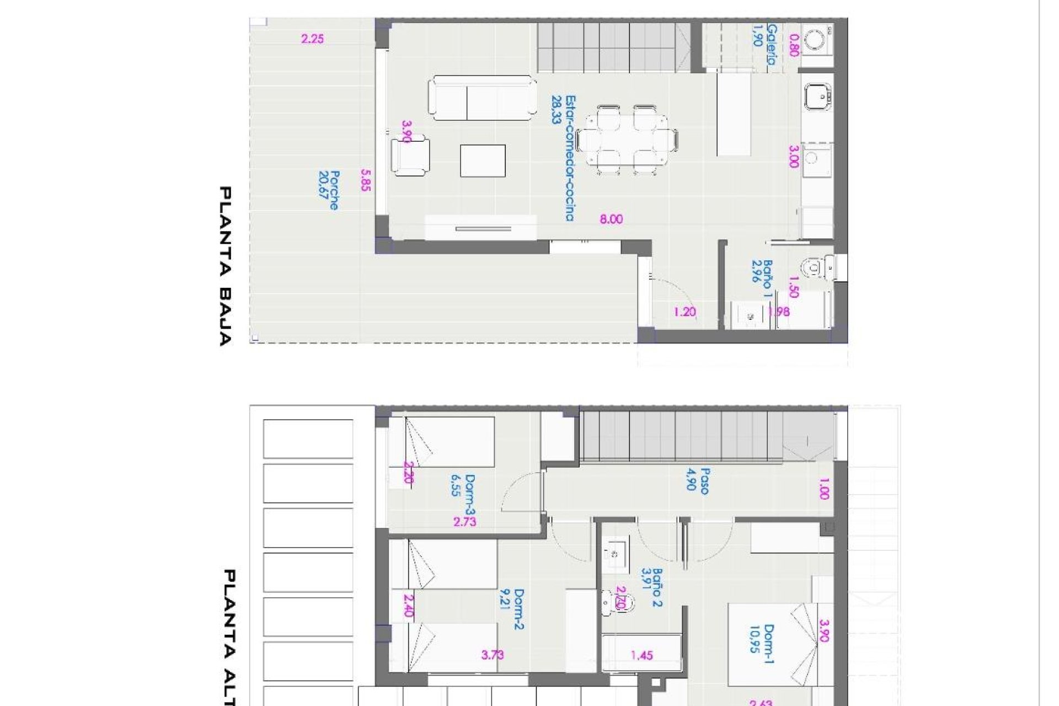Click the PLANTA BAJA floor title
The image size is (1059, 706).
tap(225, 266)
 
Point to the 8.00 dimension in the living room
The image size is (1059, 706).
tap(611, 220)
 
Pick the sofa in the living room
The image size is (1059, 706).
tap(482, 98)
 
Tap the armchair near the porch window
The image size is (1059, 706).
tap(411, 157)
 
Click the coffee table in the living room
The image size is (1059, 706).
tap(483, 161)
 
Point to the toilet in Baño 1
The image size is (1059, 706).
tap(818, 269)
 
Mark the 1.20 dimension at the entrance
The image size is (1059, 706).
tap(684, 312)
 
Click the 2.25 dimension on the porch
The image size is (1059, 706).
tap(312, 39)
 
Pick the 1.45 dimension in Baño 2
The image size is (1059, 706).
tap(642, 655)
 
